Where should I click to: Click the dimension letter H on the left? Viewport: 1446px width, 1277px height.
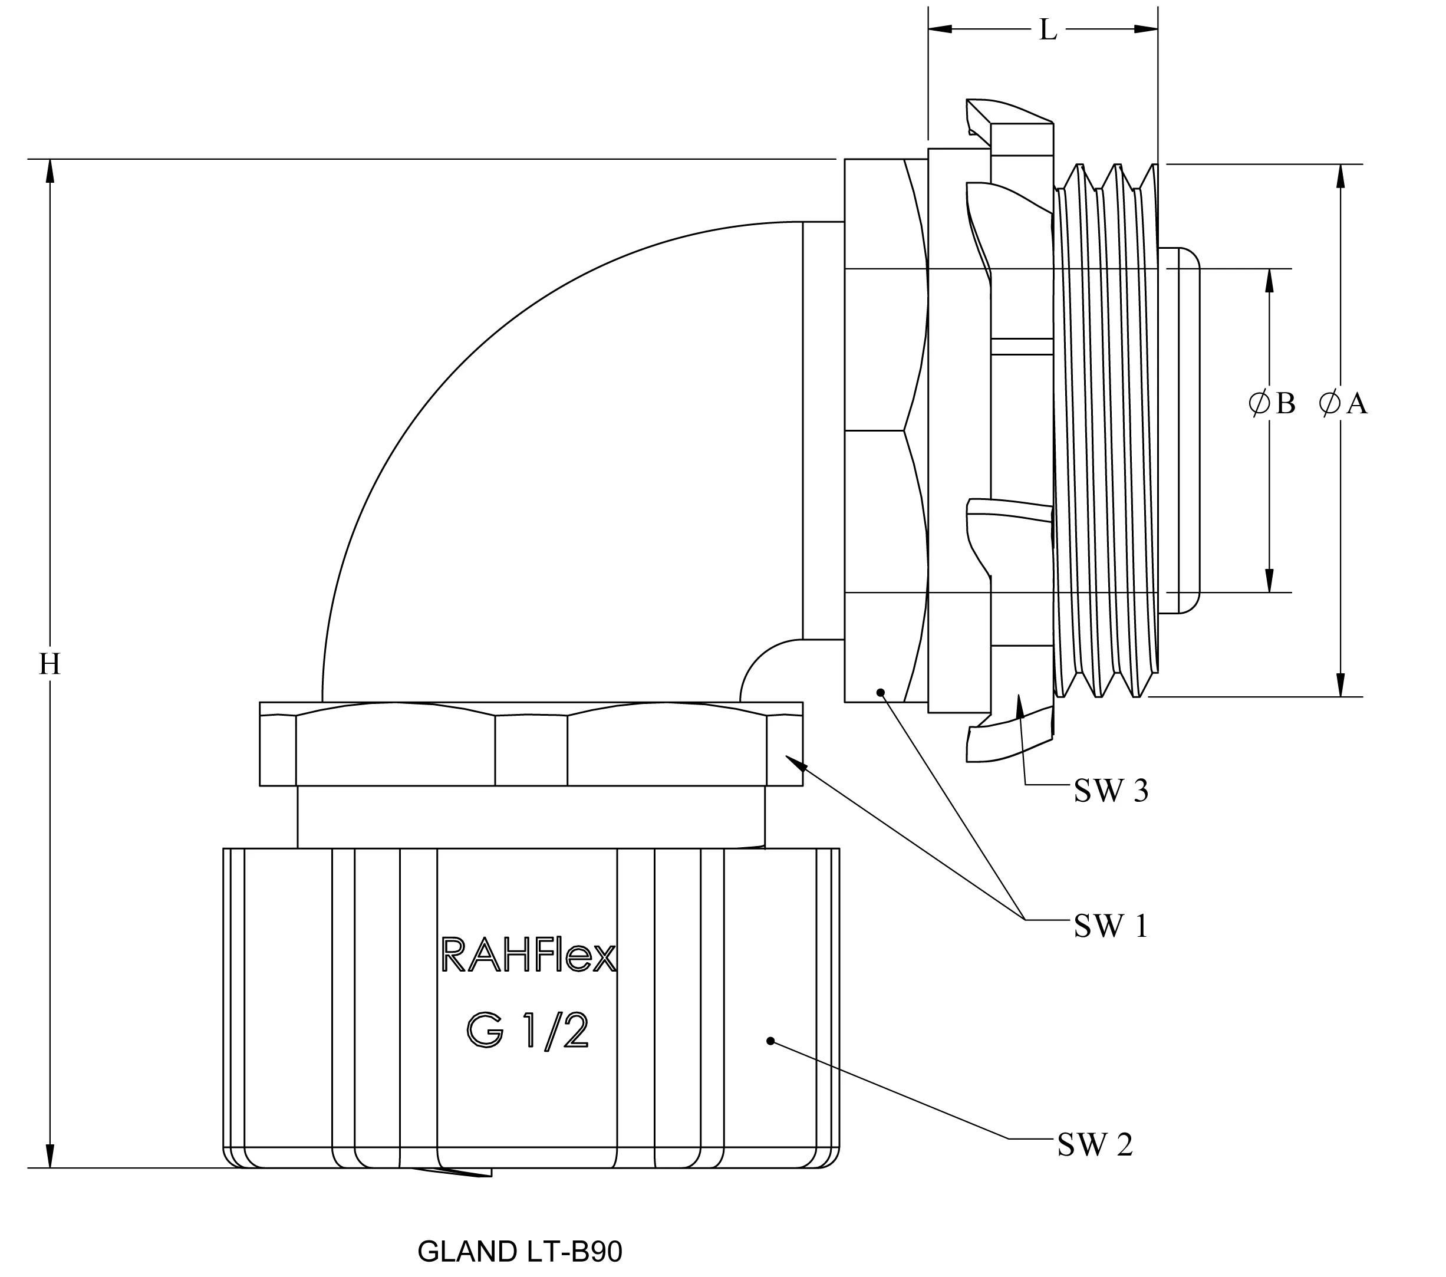tap(50, 664)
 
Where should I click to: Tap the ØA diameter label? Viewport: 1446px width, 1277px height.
tap(1343, 404)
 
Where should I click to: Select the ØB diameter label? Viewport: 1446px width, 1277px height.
tap(1272, 404)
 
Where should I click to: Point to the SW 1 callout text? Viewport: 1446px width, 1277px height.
tap(1111, 926)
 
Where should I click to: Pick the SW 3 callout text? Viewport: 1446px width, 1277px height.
tap(1111, 791)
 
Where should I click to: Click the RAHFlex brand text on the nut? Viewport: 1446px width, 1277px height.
tap(528, 955)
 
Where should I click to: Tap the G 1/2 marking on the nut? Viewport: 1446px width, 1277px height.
tap(527, 1032)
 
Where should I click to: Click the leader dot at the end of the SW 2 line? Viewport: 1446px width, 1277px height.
tap(770, 1041)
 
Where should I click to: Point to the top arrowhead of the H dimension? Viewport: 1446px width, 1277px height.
tap(50, 170)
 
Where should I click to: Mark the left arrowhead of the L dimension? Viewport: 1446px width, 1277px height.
tap(940, 29)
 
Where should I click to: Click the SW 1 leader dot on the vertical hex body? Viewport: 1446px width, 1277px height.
tap(881, 692)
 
